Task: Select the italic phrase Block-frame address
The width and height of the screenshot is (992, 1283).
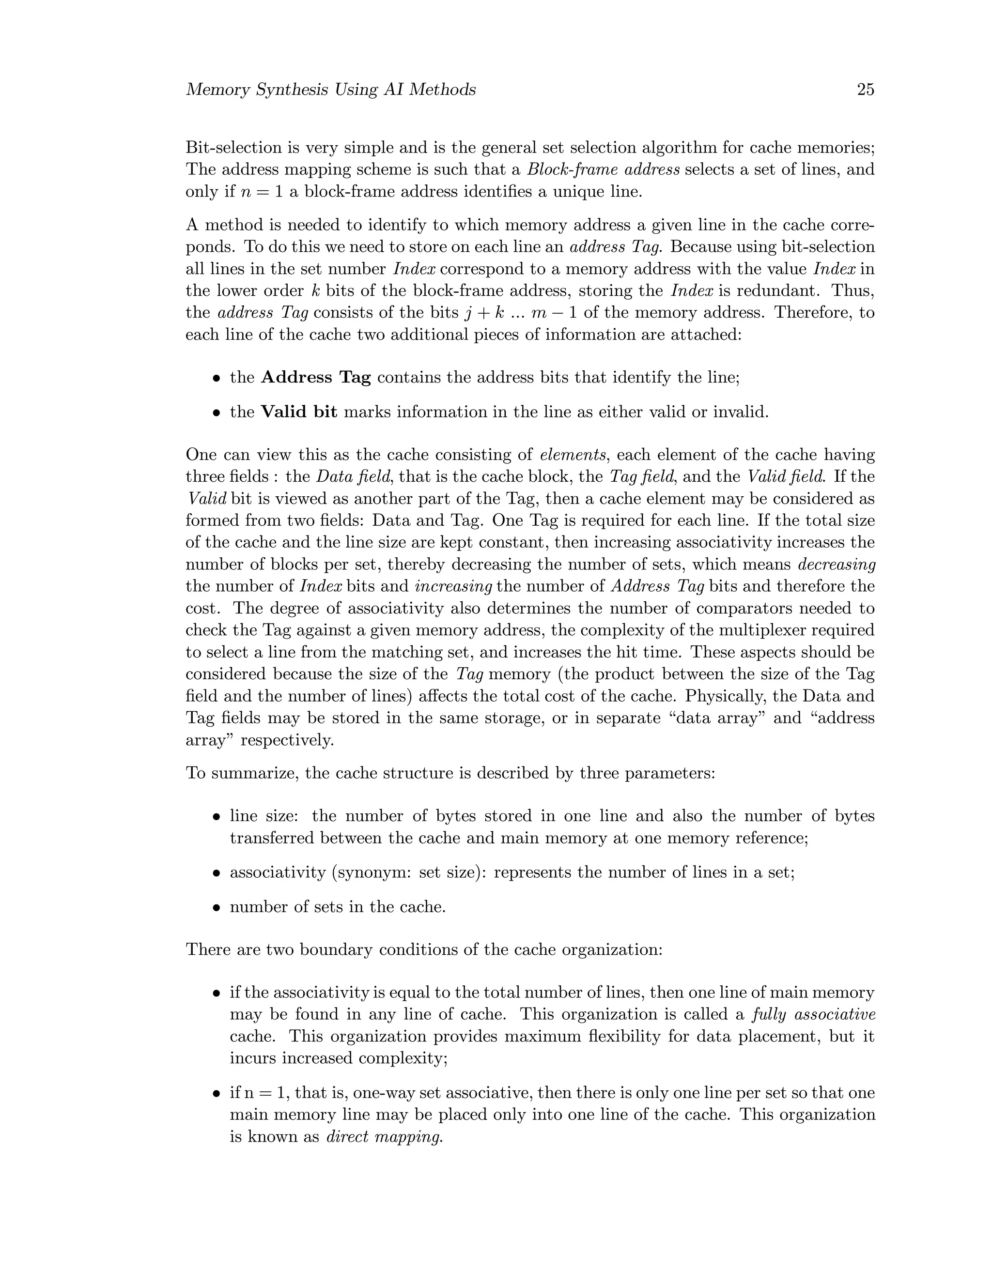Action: click(x=603, y=170)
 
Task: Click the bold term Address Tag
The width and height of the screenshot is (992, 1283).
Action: click(x=316, y=377)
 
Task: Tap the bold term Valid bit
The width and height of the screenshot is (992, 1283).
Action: click(x=298, y=412)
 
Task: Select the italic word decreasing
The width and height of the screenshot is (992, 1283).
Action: click(x=836, y=565)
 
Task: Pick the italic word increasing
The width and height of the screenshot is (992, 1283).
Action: click(x=453, y=586)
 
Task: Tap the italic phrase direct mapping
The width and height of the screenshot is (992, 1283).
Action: click(x=384, y=1137)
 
